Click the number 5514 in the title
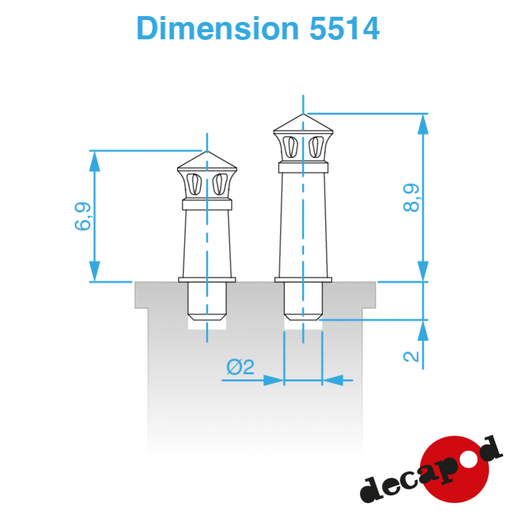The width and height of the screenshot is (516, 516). click(x=344, y=28)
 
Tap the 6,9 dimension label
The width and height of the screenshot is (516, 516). click(x=83, y=216)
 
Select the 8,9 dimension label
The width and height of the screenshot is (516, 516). click(x=411, y=197)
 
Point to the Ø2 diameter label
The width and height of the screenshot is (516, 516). click(x=240, y=367)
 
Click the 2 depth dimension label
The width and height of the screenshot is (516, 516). click(x=411, y=357)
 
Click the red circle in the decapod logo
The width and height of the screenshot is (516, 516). click(x=454, y=469)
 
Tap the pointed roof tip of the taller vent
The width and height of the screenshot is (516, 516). click(x=303, y=114)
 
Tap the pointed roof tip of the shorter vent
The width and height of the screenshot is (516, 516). click(x=207, y=151)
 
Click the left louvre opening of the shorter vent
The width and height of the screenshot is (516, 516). click(x=194, y=184)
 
